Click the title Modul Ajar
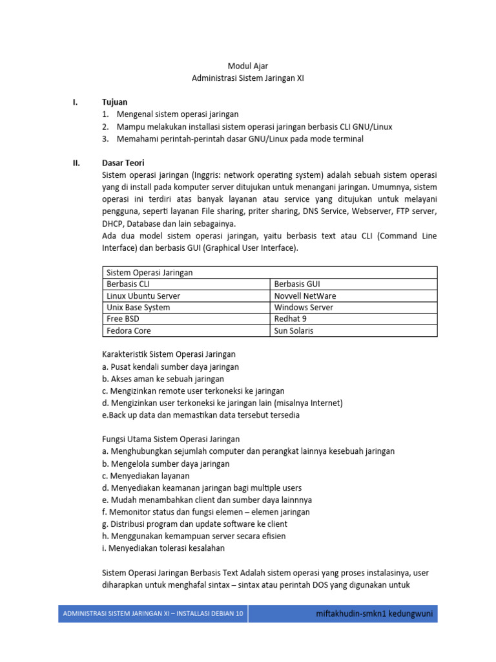[247, 66]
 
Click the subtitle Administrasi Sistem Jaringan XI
[247, 78]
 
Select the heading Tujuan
[115, 102]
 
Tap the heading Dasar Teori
[123, 163]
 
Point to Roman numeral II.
[76, 163]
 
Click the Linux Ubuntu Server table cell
[143, 296]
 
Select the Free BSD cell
[123, 319]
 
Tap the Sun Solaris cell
[294, 331]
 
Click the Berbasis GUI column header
[297, 284]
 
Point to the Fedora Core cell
[129, 331]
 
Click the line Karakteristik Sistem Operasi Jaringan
[169, 354]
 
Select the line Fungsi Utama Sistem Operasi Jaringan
[171, 439]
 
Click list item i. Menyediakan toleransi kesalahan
[164, 548]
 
